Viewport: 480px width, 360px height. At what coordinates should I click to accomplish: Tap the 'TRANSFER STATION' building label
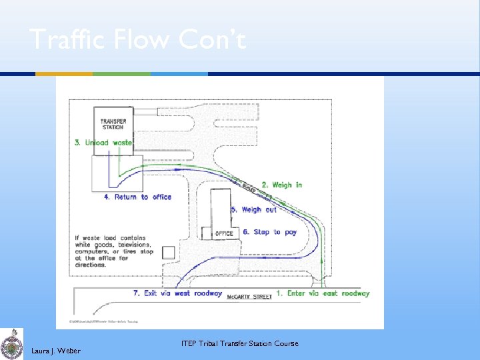click(x=113, y=124)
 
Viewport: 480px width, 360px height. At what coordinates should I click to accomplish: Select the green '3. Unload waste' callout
click(x=103, y=143)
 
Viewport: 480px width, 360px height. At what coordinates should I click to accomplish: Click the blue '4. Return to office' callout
click(x=137, y=197)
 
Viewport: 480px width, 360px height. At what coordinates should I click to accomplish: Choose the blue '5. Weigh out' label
click(x=254, y=210)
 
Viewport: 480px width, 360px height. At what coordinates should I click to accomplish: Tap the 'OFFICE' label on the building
click(x=224, y=234)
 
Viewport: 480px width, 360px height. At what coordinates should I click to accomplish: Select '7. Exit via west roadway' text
click(x=177, y=293)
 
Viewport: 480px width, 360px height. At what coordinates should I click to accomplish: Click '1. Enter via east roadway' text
click(x=323, y=293)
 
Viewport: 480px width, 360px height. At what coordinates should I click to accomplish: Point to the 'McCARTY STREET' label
click(x=249, y=297)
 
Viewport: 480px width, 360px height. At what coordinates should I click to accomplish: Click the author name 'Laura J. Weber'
click(x=56, y=351)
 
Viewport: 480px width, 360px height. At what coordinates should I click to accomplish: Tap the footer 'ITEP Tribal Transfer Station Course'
click(x=239, y=344)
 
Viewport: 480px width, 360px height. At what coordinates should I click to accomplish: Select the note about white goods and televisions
click(x=113, y=251)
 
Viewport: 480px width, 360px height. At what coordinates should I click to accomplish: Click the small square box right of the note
click(x=169, y=252)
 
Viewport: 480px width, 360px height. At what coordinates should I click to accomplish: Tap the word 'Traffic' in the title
click(x=63, y=40)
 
